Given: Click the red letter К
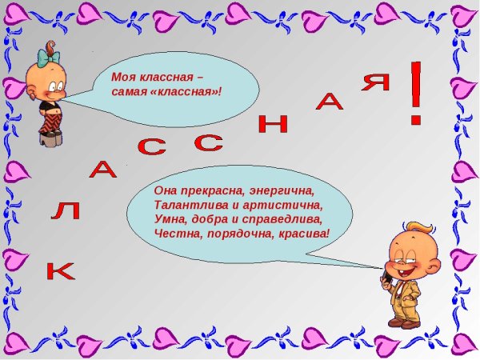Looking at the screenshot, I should (60, 271).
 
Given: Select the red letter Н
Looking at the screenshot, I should (273, 122).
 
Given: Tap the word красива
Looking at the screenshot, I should (300, 234).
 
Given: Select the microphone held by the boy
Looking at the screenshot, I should (386, 277).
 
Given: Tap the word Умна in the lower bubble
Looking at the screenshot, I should (168, 219).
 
